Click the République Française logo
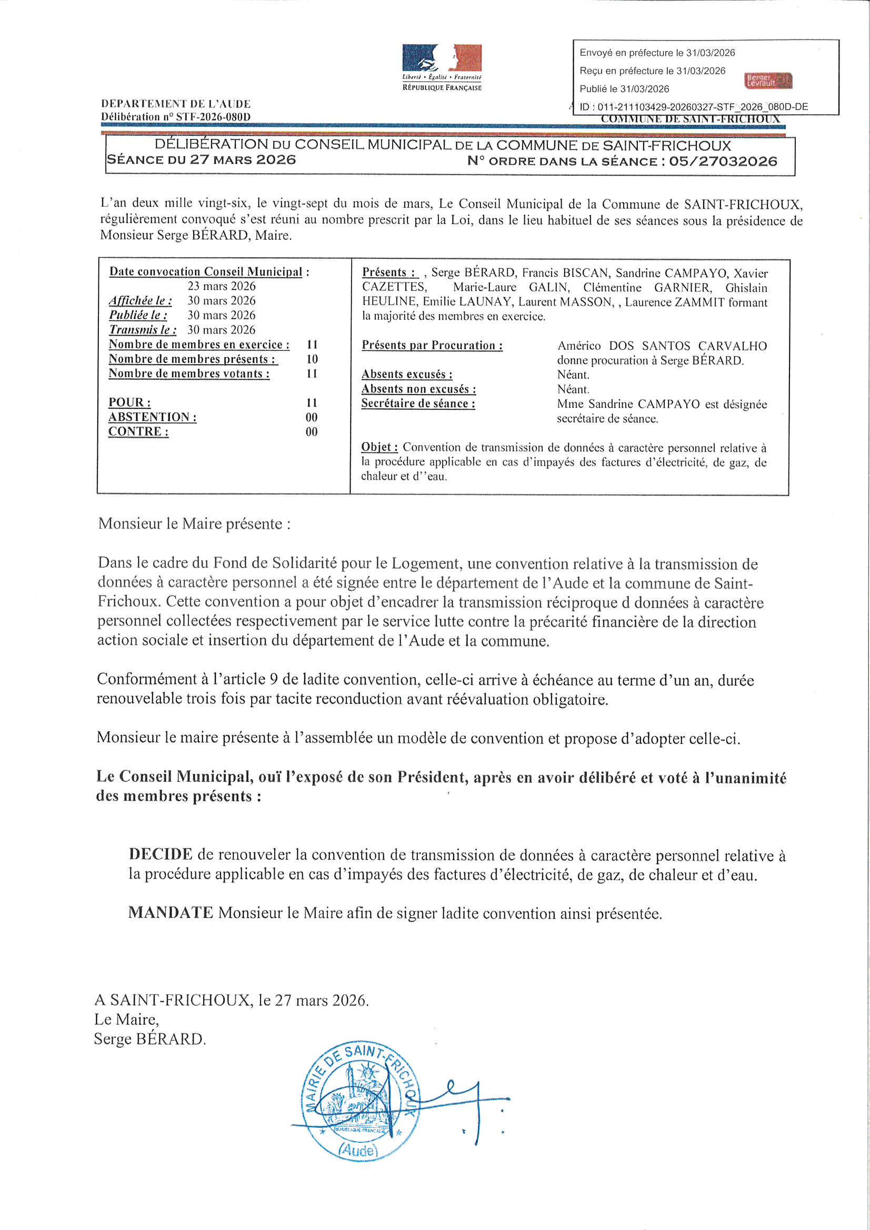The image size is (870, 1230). tap(442, 67)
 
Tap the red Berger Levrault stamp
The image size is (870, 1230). tap(767, 80)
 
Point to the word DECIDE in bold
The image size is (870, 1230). tap(161, 854)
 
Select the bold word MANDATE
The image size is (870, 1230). tap(171, 912)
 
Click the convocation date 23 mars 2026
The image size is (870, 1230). tap(222, 286)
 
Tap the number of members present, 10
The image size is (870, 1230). tap(312, 359)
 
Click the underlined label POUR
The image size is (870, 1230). tap(129, 402)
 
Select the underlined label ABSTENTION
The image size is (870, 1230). tap(152, 417)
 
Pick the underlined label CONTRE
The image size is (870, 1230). tap(138, 431)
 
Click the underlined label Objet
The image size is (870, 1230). tap(379, 447)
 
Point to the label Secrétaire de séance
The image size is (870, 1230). tap(418, 404)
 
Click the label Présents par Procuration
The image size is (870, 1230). tap(432, 345)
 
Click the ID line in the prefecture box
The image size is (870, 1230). tap(694, 107)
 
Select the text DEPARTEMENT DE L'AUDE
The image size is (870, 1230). tap(176, 104)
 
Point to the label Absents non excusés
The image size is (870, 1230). tap(418, 389)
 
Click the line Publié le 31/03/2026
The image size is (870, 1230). tap(624, 89)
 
